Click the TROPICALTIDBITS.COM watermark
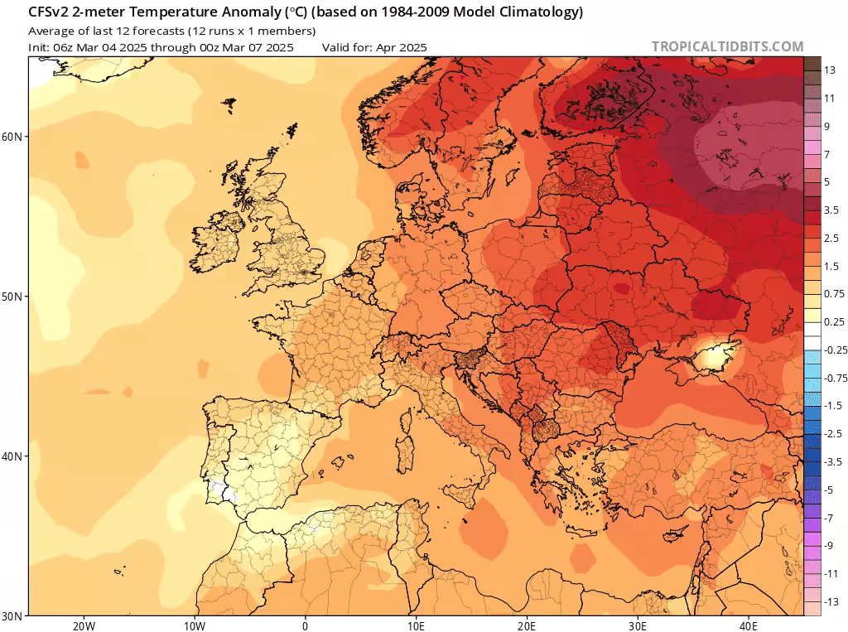[x=727, y=46]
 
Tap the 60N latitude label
[x=12, y=137]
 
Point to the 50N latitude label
[x=12, y=297]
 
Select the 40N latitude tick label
[x=12, y=456]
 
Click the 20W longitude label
[x=84, y=626]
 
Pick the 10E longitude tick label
[x=416, y=626]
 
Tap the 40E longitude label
[x=749, y=626]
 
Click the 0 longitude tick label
[x=305, y=626]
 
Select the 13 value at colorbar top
[x=830, y=70]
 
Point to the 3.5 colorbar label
[x=831, y=210]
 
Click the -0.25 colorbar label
[x=836, y=350]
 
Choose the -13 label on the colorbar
[x=831, y=601]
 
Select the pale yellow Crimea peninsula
[x=713, y=358]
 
